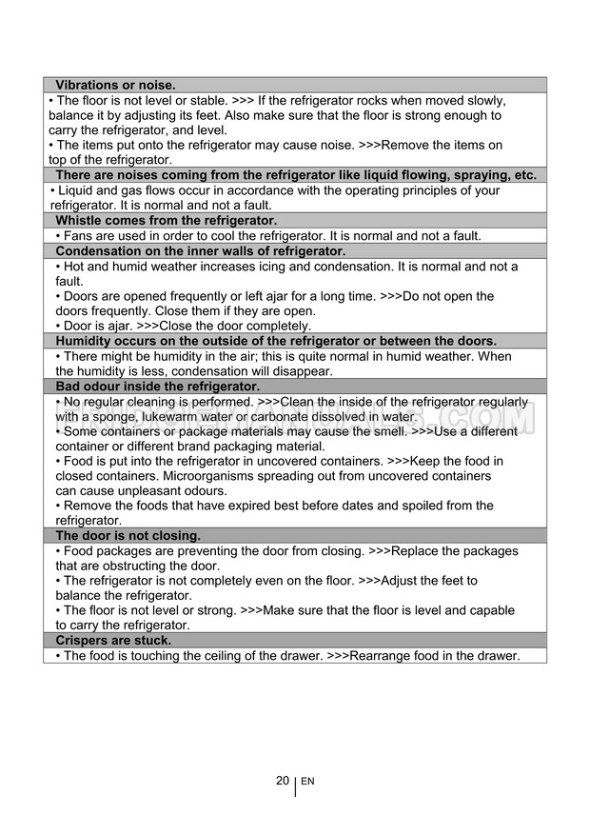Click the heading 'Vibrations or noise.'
pos(115,85)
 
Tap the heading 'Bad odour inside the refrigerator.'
pos(157,387)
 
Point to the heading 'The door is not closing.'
pos(128,535)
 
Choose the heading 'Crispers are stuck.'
pos(113,641)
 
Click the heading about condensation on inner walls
pos(200,251)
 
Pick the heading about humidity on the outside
pos(276,341)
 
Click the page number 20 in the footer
pos(283,781)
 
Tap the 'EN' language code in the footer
pos(307,782)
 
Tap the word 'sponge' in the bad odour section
pos(131,416)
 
